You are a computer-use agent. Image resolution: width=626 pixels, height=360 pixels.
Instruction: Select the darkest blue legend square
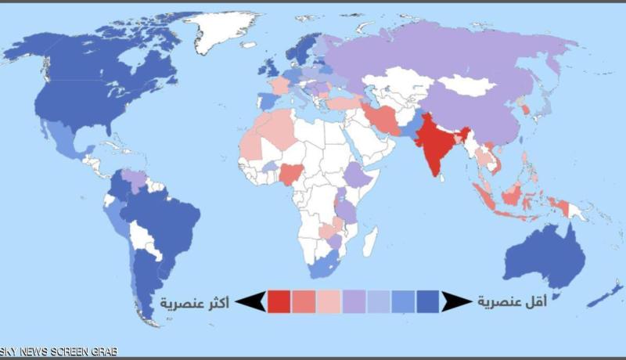tap(428, 302)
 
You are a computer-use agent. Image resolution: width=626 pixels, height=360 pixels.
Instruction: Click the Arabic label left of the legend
tap(195, 302)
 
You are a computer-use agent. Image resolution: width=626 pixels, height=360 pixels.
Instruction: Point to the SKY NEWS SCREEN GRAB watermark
tap(59, 353)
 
